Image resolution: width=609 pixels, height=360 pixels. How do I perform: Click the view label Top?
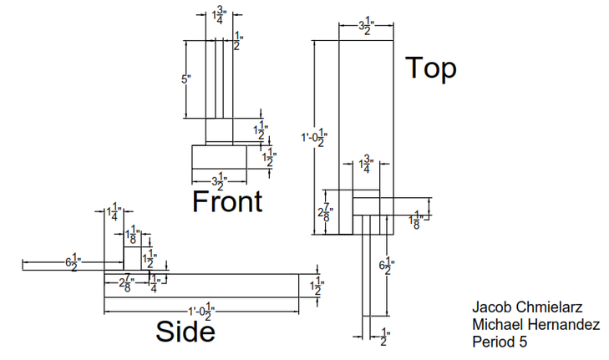[431, 68]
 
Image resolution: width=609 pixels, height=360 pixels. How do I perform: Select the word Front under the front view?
[227, 200]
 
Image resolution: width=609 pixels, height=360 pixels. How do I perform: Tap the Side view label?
[185, 332]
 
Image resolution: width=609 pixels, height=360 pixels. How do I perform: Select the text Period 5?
[500, 342]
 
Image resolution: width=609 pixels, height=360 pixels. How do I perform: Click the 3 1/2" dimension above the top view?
[365, 27]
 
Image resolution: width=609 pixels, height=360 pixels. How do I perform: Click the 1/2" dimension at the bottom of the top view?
[384, 337]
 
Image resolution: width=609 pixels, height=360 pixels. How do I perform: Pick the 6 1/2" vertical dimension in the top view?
[386, 267]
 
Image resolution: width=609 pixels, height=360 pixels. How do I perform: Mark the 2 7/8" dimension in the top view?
[326, 213]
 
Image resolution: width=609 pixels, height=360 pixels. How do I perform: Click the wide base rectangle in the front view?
[219, 157]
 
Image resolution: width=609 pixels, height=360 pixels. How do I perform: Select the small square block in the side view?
[132, 258]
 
